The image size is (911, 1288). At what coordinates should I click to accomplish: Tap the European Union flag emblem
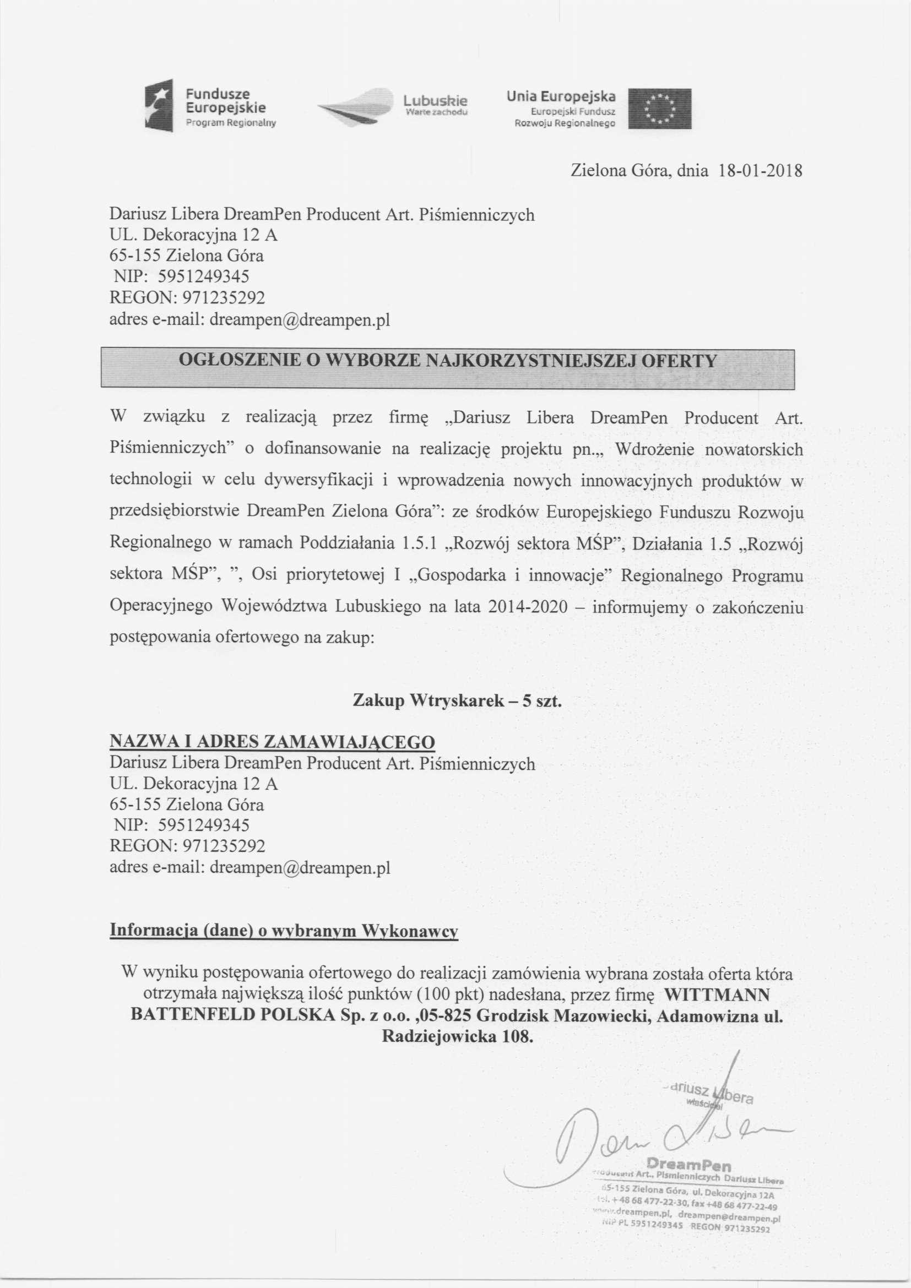659,109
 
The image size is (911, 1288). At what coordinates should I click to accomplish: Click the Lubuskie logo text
435,101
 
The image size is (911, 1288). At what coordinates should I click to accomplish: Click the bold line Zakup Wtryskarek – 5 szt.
457,701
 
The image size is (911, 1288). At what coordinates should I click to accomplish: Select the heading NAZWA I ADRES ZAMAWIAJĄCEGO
272,742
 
